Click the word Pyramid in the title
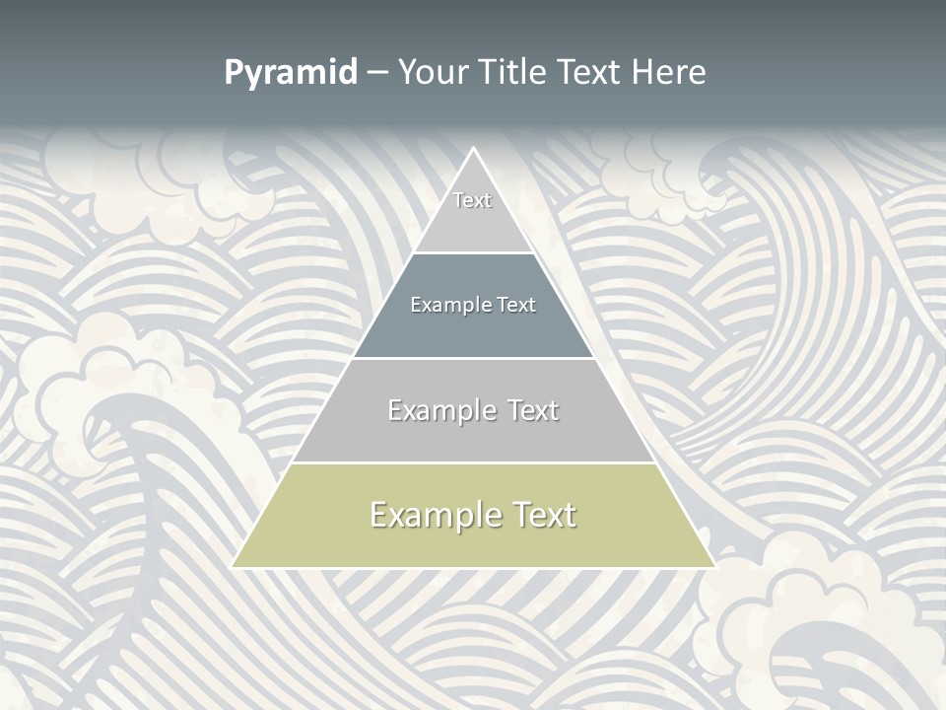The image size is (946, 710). coord(291,73)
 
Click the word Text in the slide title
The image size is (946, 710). coord(589,72)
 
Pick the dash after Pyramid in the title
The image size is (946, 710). coord(377,73)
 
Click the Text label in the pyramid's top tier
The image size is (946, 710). coord(472,200)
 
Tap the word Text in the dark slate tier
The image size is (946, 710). coord(516,305)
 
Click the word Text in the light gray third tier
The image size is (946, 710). coord(533,410)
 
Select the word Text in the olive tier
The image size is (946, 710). coord(545,515)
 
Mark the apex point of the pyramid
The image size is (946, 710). coord(474,149)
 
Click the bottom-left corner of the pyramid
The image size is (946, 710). coord(234,567)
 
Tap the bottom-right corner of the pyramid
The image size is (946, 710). coord(714,567)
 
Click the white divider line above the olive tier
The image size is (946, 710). coord(474,462)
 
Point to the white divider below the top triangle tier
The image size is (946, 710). coord(474,252)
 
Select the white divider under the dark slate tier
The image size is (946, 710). coord(474,358)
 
